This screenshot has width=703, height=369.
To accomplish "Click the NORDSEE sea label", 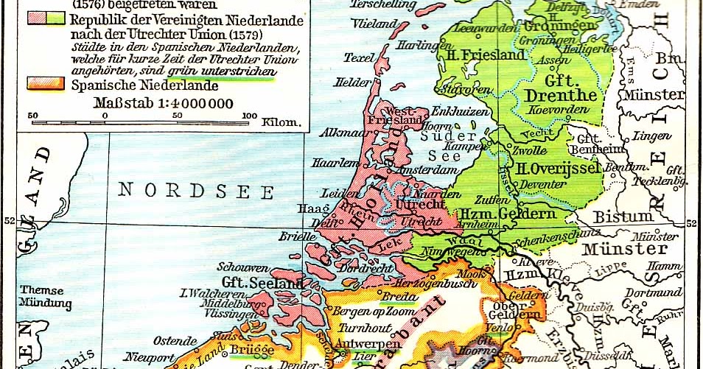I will coord(197,191).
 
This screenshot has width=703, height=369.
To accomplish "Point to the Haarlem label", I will coord(334,163).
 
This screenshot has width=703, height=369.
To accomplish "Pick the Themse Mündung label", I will coord(46,296).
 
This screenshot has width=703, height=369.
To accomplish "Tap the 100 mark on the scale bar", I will coord(250,115).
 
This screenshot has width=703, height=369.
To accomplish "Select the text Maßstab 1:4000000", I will coord(164,102).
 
